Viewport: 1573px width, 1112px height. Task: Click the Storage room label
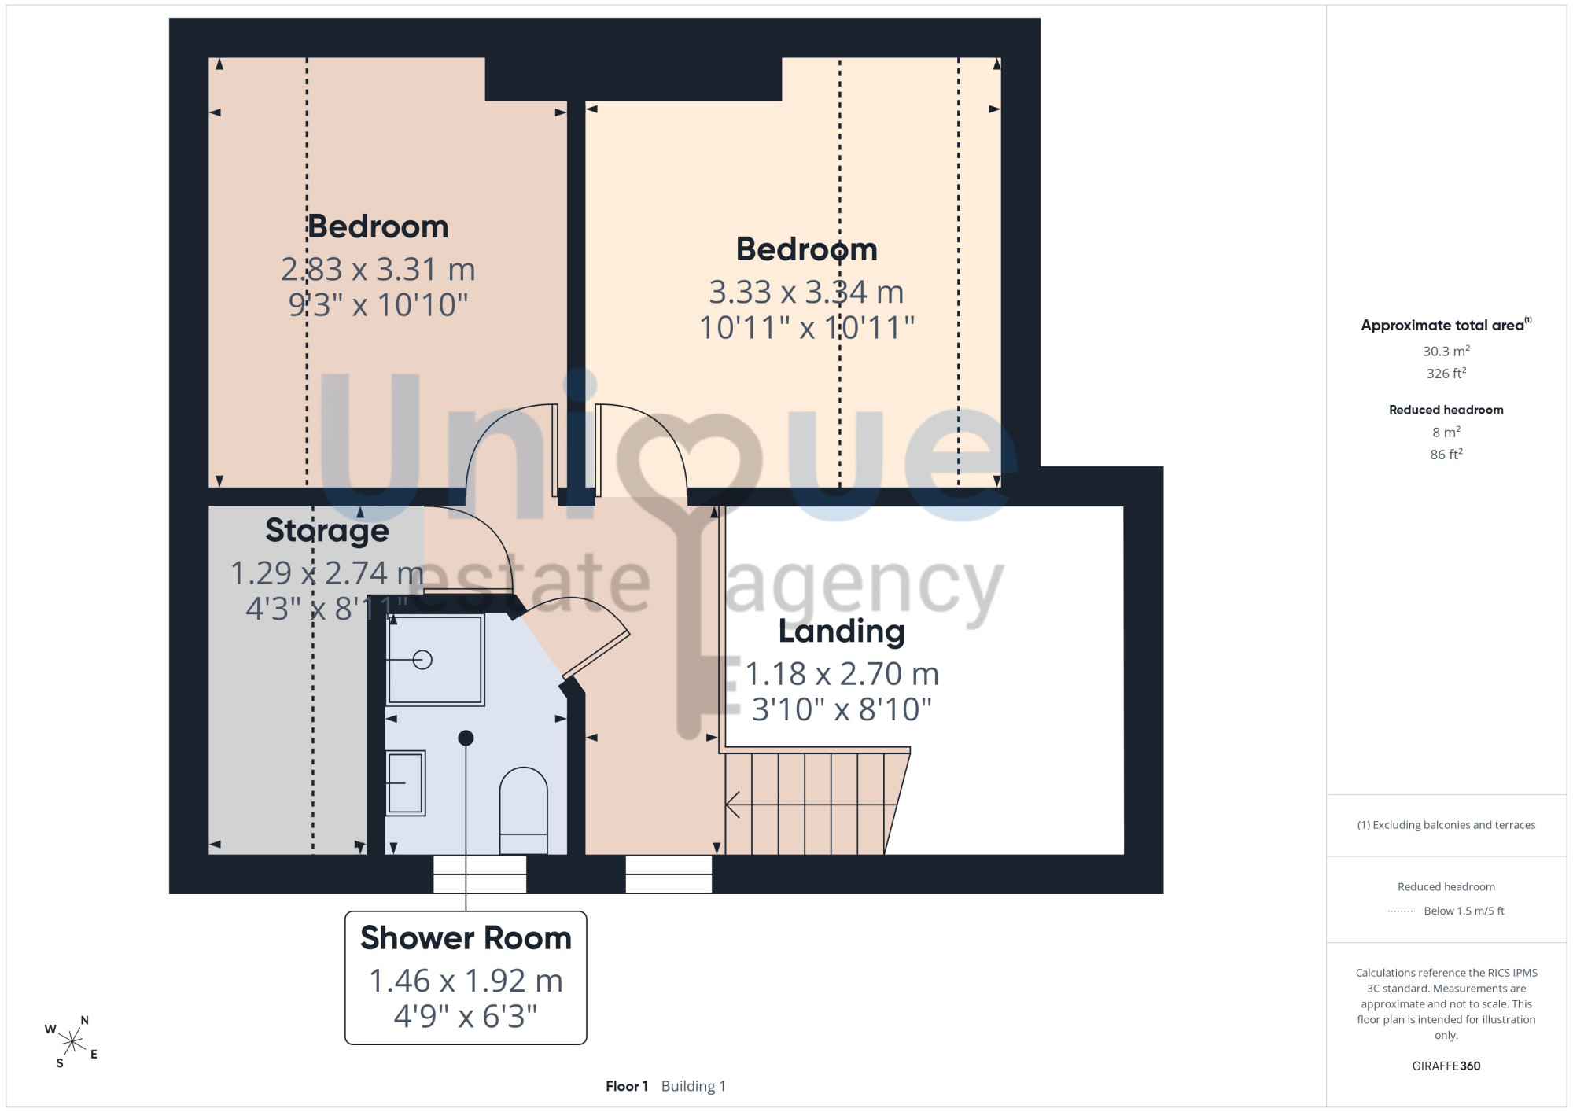(327, 531)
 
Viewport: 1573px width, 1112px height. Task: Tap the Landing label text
(842, 631)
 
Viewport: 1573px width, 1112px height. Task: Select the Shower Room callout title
(466, 938)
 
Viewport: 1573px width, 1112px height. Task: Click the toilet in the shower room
(524, 810)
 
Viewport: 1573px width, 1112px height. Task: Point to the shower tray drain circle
(422, 660)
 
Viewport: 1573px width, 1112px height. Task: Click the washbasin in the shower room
(406, 782)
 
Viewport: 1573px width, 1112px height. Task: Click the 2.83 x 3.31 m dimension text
(378, 270)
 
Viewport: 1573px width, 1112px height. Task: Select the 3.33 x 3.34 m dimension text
(806, 293)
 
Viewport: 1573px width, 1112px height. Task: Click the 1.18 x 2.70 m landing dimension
(842, 674)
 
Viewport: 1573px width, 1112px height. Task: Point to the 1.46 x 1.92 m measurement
(466, 981)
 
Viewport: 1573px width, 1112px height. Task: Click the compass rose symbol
(72, 1042)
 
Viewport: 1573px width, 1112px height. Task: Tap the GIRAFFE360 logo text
(1446, 1066)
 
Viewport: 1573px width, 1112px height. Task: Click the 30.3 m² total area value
(1446, 351)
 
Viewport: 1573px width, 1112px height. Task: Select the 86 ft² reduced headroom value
(1446, 455)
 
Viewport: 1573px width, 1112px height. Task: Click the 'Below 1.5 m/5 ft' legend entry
(1464, 911)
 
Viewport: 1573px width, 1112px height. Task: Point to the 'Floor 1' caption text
(627, 1086)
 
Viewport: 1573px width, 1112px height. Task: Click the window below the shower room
(480, 874)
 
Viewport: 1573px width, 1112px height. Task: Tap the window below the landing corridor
(669, 874)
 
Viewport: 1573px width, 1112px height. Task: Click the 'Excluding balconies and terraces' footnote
(1446, 825)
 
